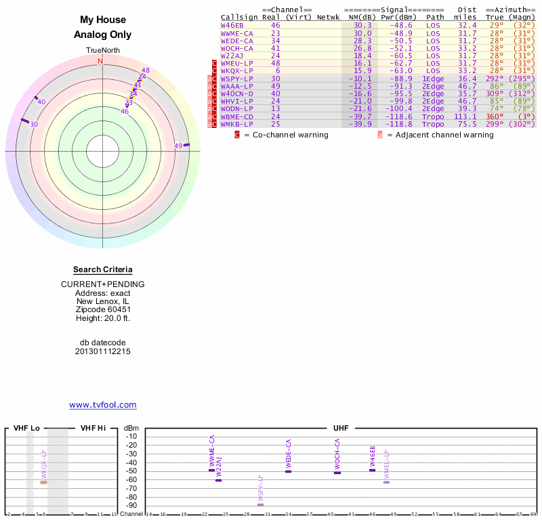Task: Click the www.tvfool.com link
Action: pyautogui.click(x=103, y=405)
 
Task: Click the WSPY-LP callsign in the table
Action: pyautogui.click(x=236, y=78)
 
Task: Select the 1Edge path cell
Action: pyautogui.click(x=433, y=78)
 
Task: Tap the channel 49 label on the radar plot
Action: pyautogui.click(x=179, y=146)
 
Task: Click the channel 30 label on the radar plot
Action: pyautogui.click(x=34, y=125)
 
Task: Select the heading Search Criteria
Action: pyautogui.click(x=103, y=269)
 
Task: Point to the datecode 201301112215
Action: pyautogui.click(x=103, y=351)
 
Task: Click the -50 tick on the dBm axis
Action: pyautogui.click(x=131, y=471)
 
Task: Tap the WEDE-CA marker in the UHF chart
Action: pyautogui.click(x=288, y=471)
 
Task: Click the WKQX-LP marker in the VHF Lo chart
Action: pyautogui.click(x=43, y=482)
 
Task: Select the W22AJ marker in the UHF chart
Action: pyautogui.click(x=218, y=480)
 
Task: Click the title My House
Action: pyautogui.click(x=102, y=20)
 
